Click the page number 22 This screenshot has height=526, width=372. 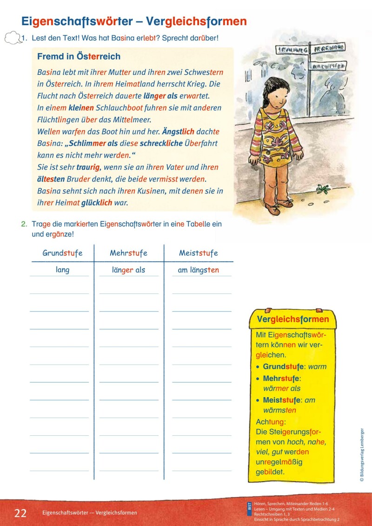pyautogui.click(x=20, y=513)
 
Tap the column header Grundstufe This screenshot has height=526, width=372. pyautogui.click(x=62, y=253)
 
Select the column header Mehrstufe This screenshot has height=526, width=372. pyautogui.click(x=128, y=253)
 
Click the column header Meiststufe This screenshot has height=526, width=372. pyautogui.click(x=198, y=253)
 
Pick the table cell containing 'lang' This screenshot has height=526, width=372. pyautogui.click(x=62, y=270)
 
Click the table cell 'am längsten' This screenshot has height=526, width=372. pyautogui.click(x=198, y=270)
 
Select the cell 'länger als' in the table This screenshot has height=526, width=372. pyautogui.click(x=128, y=270)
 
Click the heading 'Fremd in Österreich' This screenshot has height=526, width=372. pyautogui.click(x=79, y=57)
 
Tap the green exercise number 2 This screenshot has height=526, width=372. pyautogui.click(x=24, y=224)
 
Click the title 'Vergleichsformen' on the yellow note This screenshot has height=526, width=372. pyautogui.click(x=292, y=320)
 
